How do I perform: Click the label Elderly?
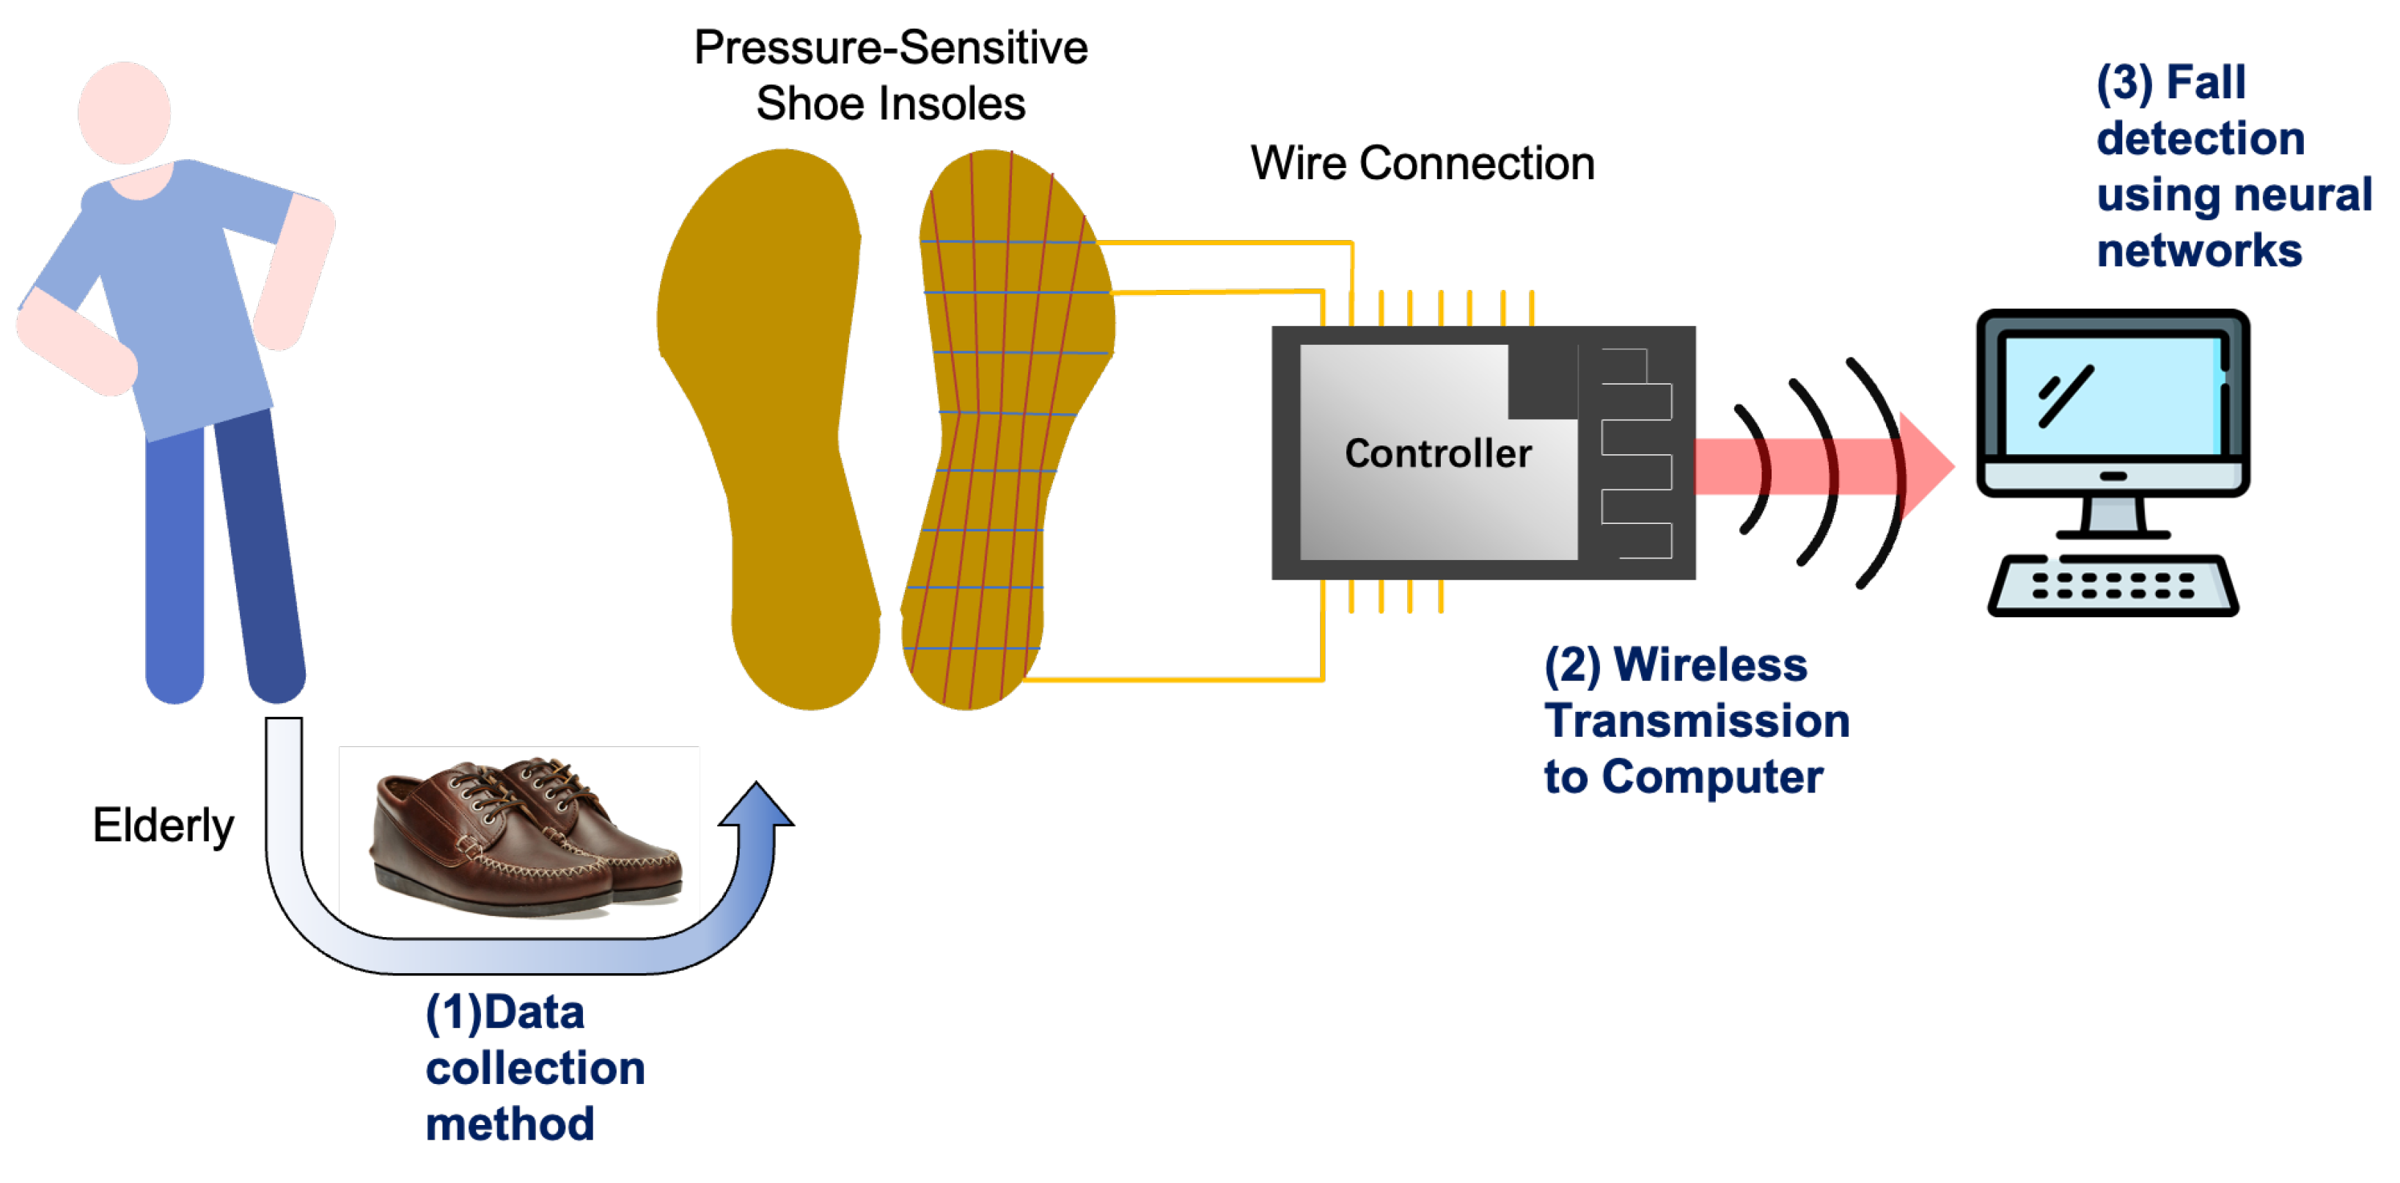(163, 825)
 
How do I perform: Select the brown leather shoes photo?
(522, 834)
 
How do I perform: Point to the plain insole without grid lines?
(774, 420)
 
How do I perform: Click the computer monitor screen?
(2113, 396)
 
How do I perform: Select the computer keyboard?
(2113, 586)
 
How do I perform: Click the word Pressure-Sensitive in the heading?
(891, 48)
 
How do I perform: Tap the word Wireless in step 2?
(1711, 665)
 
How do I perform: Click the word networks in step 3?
(2199, 251)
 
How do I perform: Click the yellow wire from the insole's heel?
(1174, 680)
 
